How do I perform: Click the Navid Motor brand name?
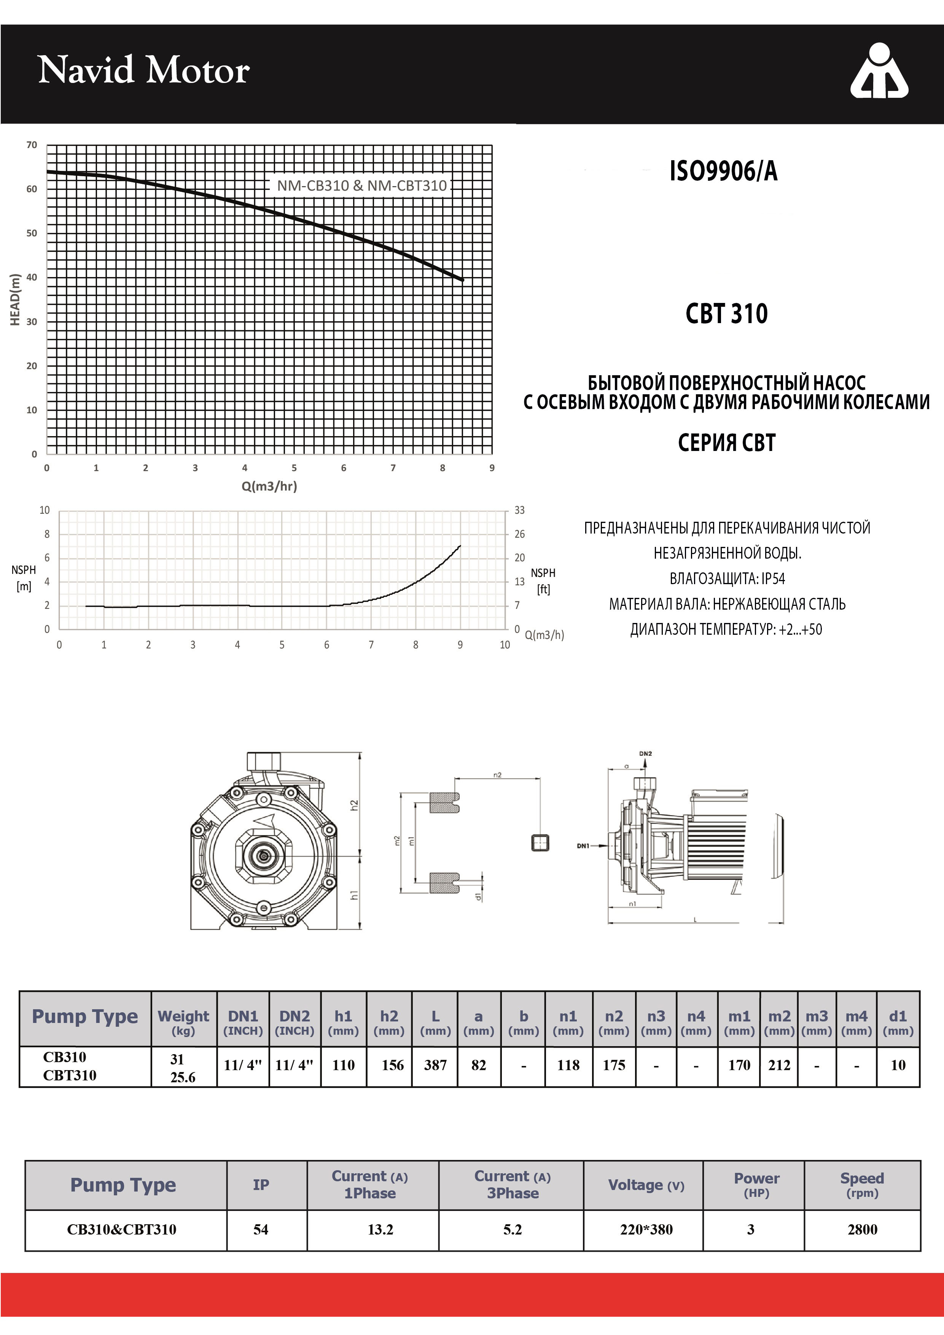point(143,70)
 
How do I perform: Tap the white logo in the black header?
point(879,70)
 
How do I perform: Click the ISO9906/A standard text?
point(723,171)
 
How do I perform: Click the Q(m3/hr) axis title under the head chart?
point(269,486)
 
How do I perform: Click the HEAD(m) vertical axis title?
point(15,299)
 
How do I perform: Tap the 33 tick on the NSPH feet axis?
point(519,510)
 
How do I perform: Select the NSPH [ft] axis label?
point(543,581)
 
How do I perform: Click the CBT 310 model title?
point(727,314)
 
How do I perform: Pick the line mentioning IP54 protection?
point(727,578)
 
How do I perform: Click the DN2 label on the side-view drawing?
point(645,754)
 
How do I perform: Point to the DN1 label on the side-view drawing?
point(583,846)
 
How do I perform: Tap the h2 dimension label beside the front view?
point(354,805)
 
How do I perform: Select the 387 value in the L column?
point(435,1065)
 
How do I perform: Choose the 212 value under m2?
point(779,1065)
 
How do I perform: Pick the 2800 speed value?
point(862,1229)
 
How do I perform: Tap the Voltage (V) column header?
point(646,1185)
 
